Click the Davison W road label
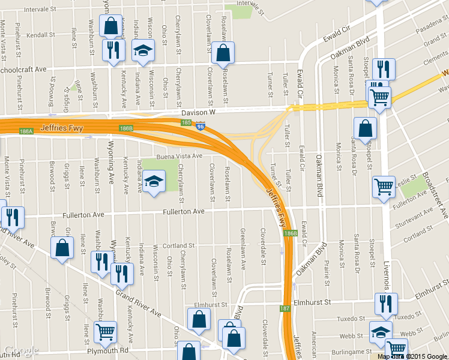point(198,112)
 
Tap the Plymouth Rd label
point(108,351)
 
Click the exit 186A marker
point(26,131)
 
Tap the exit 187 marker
point(285,308)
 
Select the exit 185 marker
point(187,122)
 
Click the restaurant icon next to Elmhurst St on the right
point(385,304)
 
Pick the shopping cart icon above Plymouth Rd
point(105,331)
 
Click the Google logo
point(21,351)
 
